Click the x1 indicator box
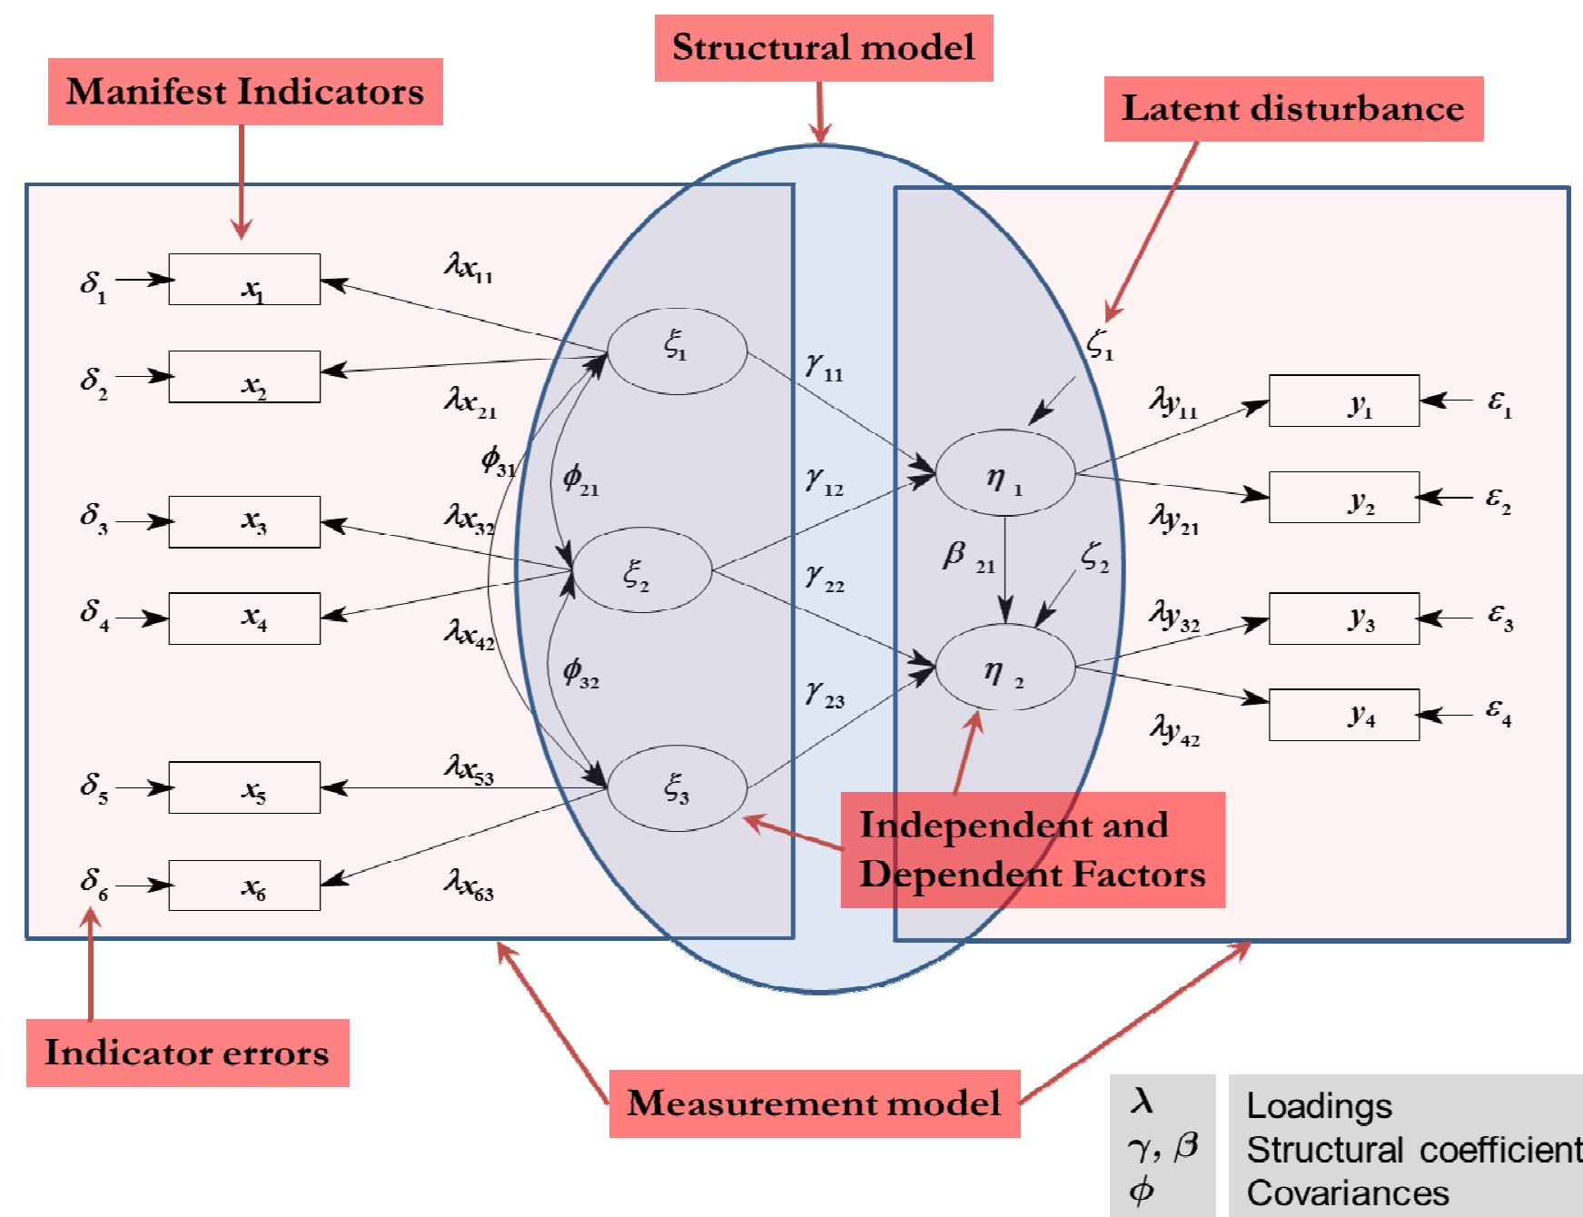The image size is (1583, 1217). click(243, 280)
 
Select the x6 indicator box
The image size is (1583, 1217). click(243, 885)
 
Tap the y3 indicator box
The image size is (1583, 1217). click(1343, 618)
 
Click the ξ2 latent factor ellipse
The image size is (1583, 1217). click(642, 571)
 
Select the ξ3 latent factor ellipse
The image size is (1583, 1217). click(677, 788)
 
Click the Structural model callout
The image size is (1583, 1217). click(823, 47)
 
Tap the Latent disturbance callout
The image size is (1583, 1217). click(1292, 109)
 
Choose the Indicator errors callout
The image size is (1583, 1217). click(187, 1053)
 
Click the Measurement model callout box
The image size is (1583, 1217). click(814, 1103)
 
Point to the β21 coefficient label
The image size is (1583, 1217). click(967, 557)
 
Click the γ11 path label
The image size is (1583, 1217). click(824, 367)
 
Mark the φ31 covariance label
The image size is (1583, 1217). click(498, 462)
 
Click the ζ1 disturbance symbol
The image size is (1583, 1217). click(1100, 345)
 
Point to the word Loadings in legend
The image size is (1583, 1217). click(1319, 1105)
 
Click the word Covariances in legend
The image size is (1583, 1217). click(1348, 1192)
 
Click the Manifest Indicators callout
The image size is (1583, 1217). click(244, 92)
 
